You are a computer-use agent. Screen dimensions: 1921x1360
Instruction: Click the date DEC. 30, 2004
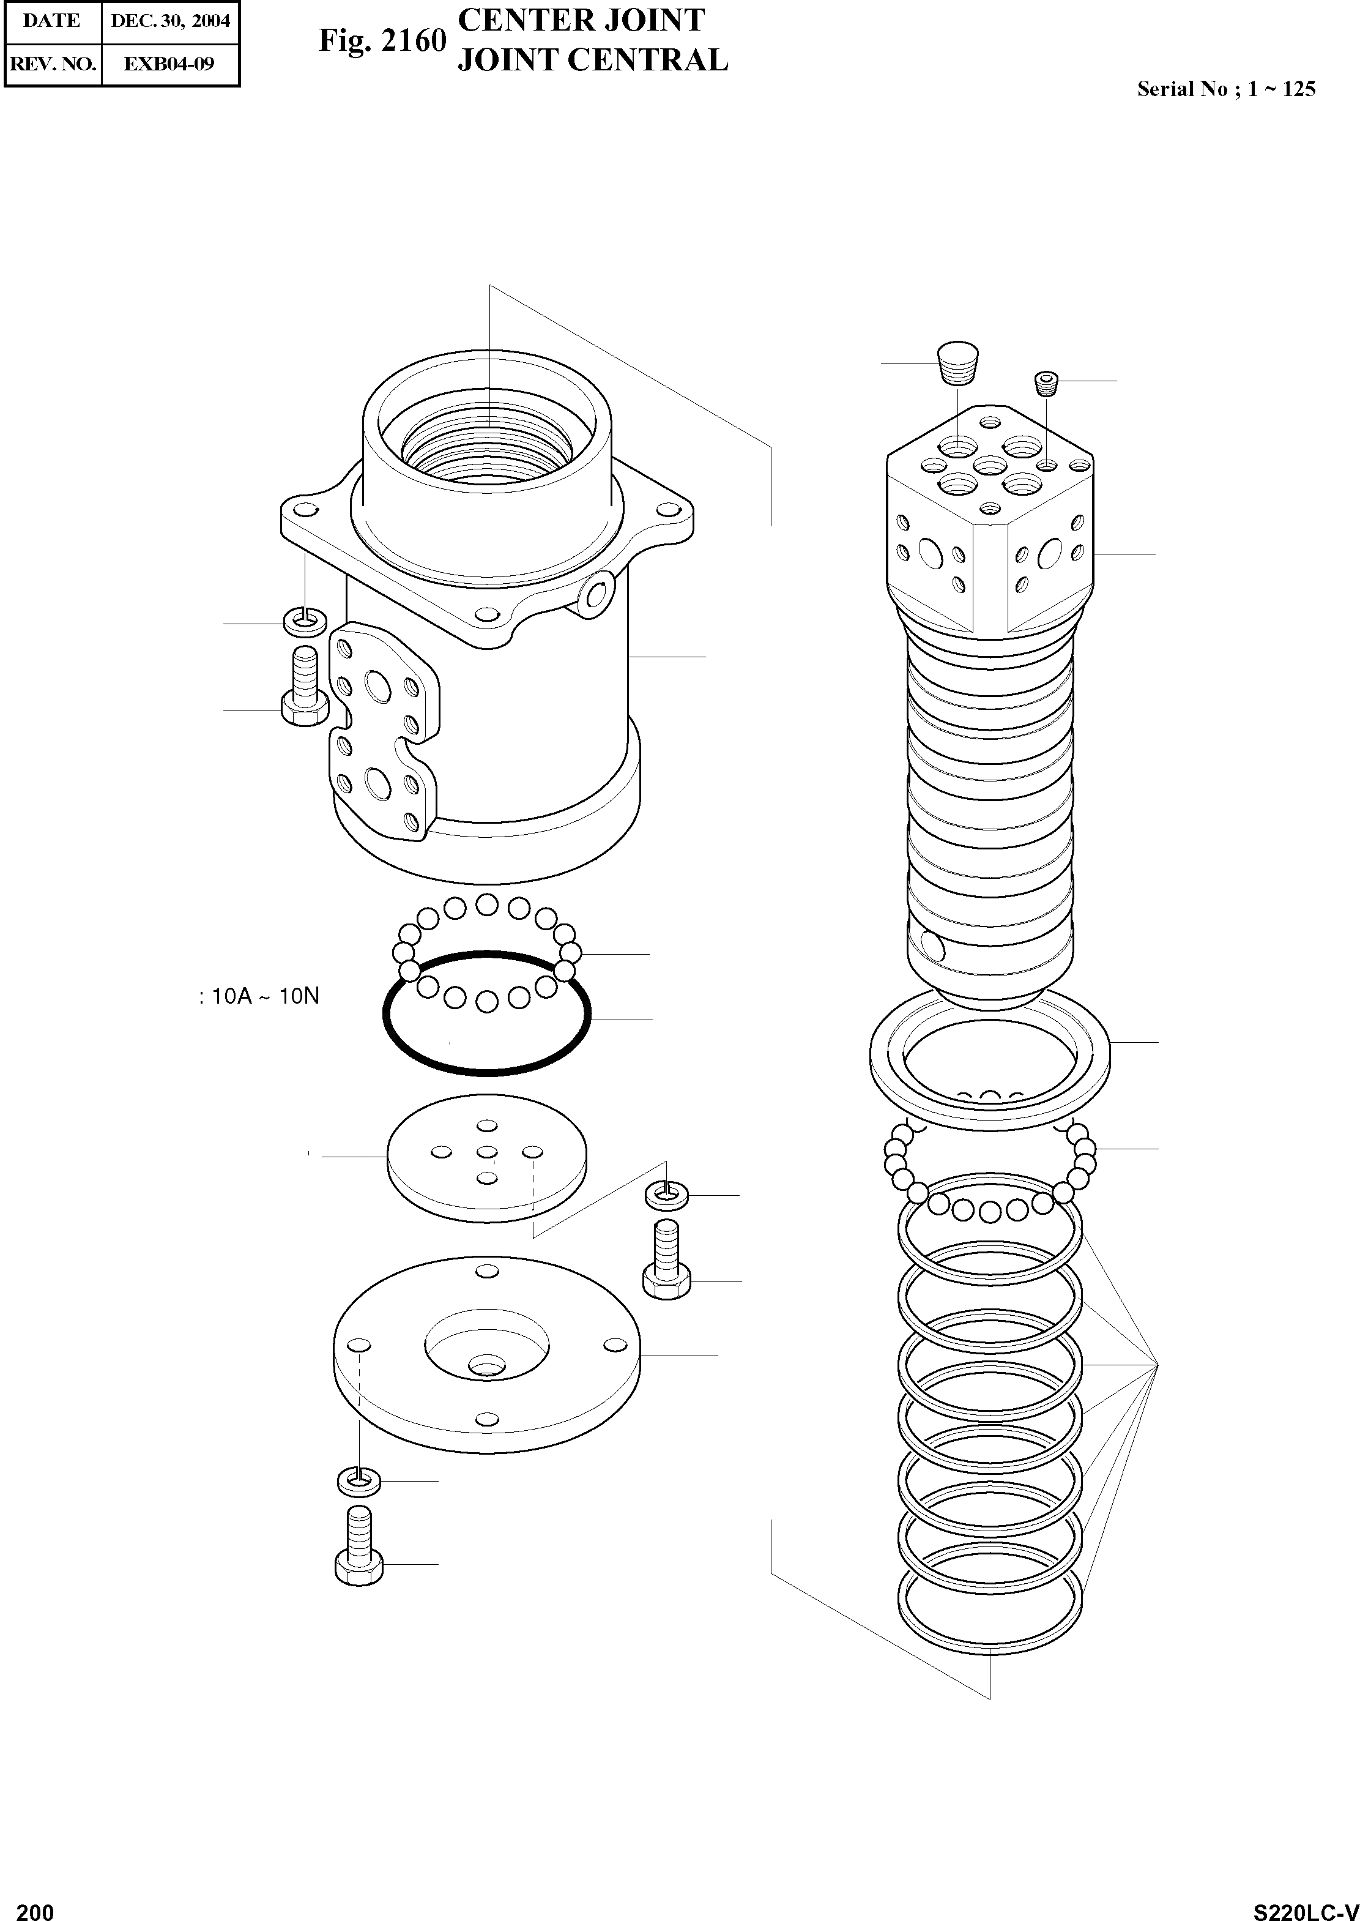pos(170,21)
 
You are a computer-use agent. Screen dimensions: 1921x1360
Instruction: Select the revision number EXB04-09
pos(169,64)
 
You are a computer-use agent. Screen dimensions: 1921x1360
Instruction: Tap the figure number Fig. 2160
pos(382,40)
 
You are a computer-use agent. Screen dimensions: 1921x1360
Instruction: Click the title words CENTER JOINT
pos(581,20)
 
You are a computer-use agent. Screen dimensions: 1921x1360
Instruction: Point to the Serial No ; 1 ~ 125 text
pos(1226,89)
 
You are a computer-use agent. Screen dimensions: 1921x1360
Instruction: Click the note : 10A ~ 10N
pos(259,997)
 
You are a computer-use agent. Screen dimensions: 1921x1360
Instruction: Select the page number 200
pos(35,1906)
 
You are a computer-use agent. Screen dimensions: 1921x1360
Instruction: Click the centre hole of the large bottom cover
pos(486,1368)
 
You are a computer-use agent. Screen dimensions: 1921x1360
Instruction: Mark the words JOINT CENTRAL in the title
pos(593,61)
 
